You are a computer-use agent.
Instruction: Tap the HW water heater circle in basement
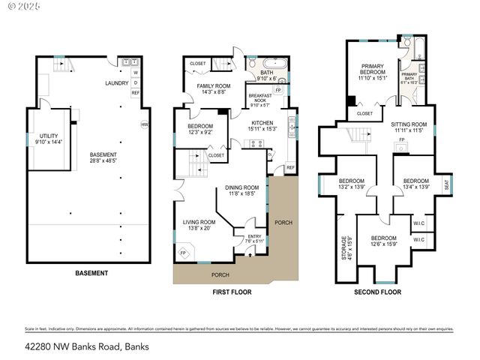coord(145,124)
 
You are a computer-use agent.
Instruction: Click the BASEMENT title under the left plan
coord(91,273)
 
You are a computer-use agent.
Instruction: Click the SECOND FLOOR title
coord(377,292)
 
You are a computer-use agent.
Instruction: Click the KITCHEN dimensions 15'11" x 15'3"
coord(262,128)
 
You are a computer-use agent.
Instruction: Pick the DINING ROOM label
coord(241,187)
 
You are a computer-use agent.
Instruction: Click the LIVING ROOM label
coord(199,222)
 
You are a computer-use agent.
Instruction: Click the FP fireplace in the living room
coord(183,253)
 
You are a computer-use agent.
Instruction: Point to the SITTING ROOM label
coord(409,124)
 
